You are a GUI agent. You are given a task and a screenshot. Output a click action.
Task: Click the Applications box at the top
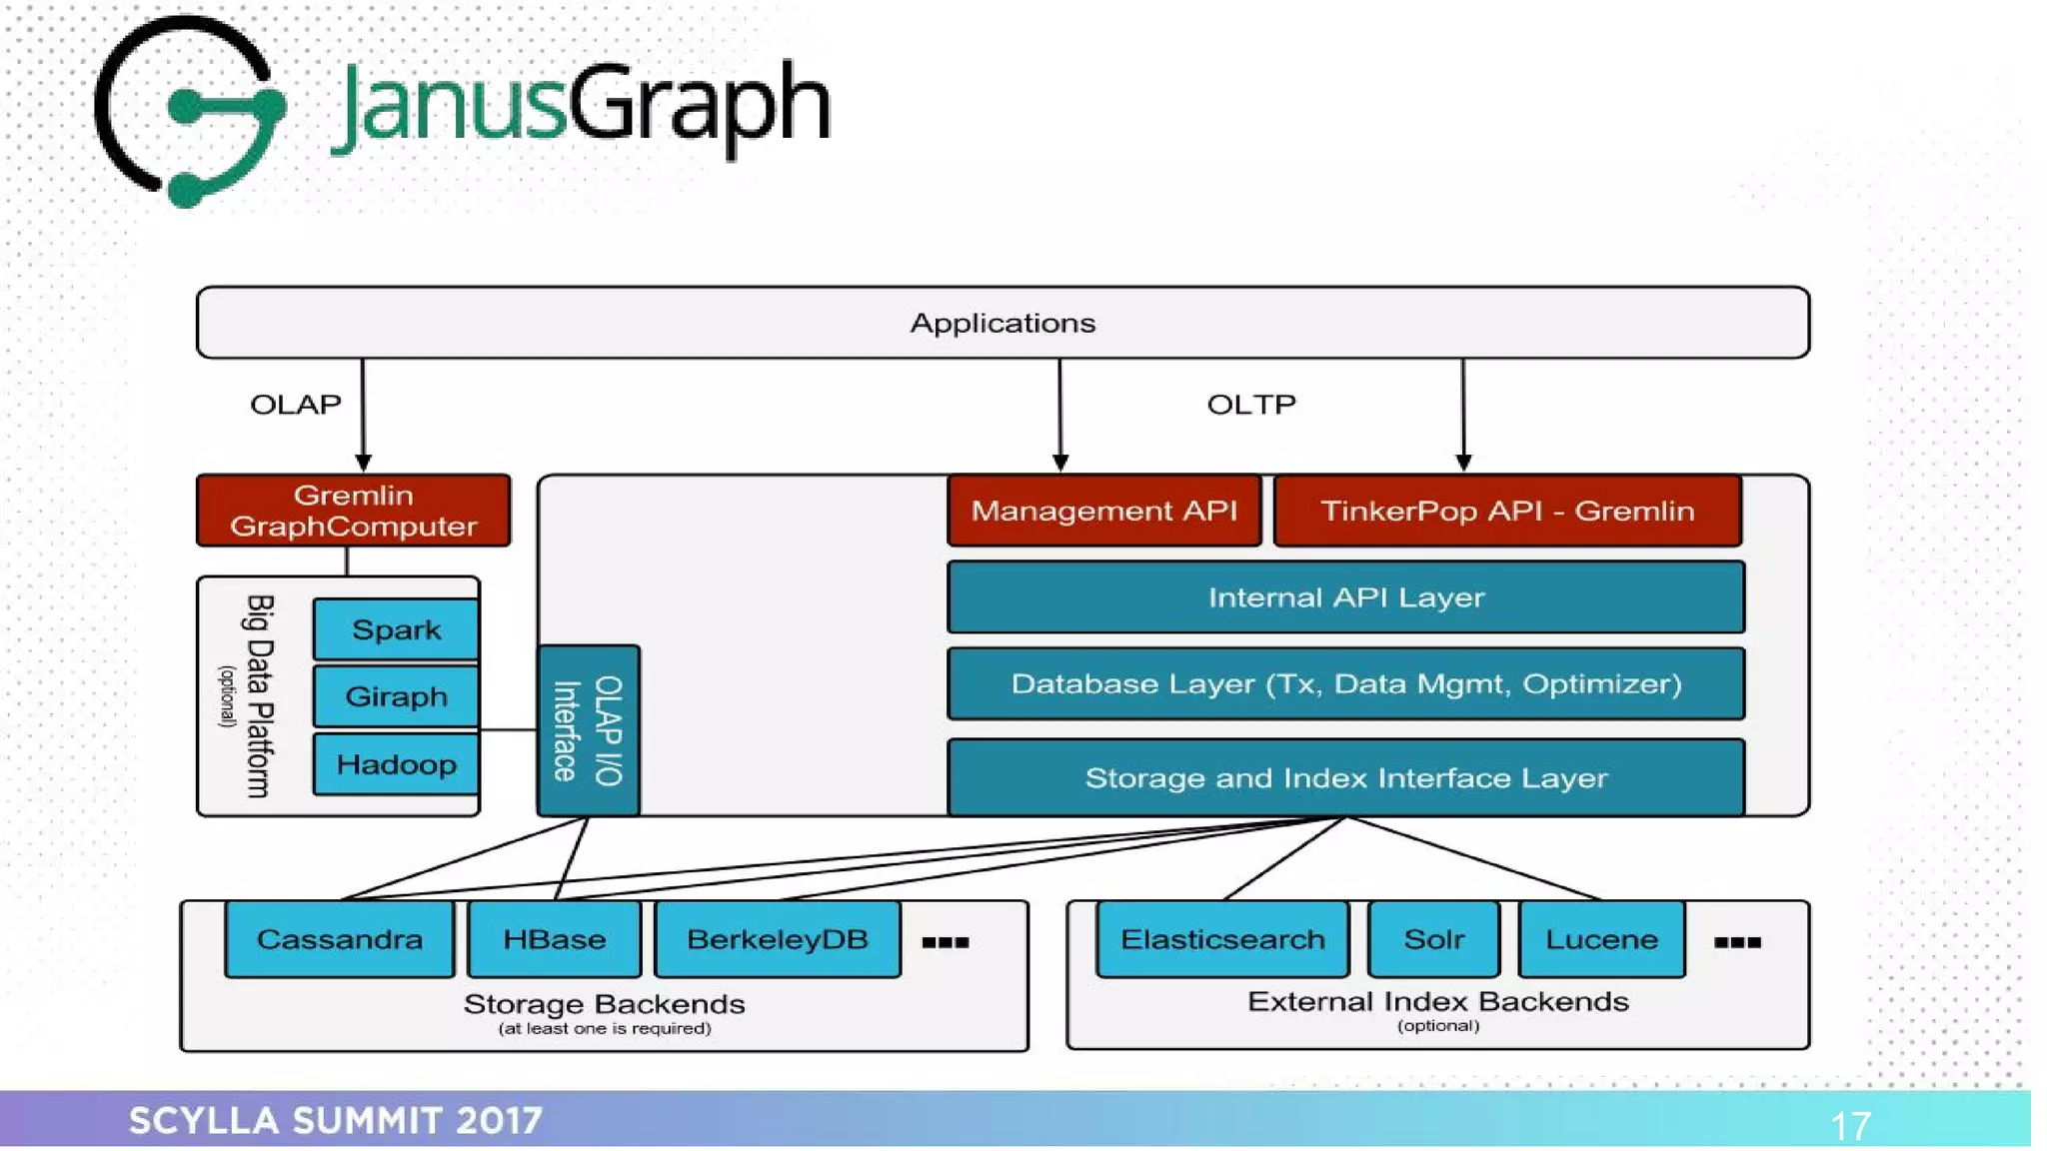(1003, 323)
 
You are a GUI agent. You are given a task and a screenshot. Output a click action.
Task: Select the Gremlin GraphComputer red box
(354, 511)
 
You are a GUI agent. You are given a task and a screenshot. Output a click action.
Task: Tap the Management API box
(1104, 511)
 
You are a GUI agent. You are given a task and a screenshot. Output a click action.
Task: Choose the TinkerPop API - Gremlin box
(1507, 511)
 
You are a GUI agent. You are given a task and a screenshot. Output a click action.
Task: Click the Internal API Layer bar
(1345, 597)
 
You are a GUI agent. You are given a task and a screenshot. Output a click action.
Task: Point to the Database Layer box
(1345, 684)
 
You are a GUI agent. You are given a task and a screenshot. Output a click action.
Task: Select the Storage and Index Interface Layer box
(1345, 777)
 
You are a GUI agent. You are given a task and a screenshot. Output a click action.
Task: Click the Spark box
(397, 629)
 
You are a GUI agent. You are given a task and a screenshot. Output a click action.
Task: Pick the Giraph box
(397, 696)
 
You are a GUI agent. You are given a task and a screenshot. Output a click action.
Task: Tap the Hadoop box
(397, 764)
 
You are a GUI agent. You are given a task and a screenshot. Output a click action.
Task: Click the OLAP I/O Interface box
(589, 730)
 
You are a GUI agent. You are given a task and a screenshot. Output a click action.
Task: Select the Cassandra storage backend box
(340, 939)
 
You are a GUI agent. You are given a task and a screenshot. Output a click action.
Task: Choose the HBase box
(555, 939)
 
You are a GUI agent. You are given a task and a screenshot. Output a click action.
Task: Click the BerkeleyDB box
(778, 939)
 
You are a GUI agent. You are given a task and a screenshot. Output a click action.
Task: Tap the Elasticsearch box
(1222, 939)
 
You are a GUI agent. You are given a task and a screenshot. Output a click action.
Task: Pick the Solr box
(1433, 939)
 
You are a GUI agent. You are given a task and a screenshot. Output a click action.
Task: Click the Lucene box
(1601, 939)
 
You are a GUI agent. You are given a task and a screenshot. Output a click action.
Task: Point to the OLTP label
(1251, 405)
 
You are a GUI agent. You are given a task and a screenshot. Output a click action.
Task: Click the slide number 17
(1850, 1126)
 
